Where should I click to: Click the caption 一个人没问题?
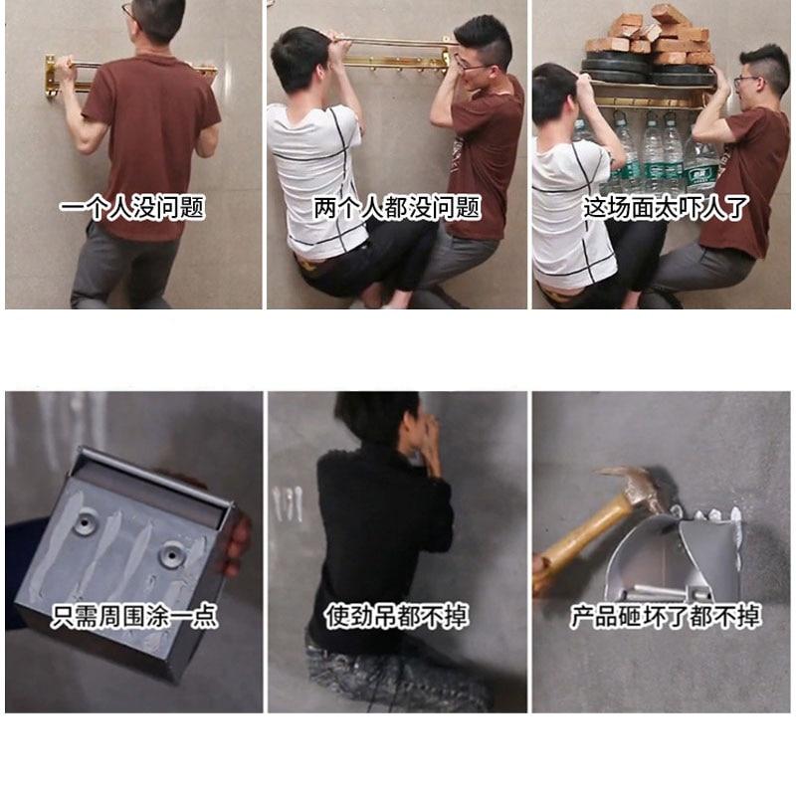click(132, 207)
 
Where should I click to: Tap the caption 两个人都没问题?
click(396, 207)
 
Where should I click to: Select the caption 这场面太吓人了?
click(666, 207)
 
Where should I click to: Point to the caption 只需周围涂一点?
click(134, 616)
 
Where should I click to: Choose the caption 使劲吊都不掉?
click(397, 616)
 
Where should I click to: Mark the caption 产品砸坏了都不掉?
click(666, 616)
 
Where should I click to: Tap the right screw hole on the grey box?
click(171, 554)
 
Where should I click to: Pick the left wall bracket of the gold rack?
click(51, 78)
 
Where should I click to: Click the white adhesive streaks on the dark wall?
click(288, 503)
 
